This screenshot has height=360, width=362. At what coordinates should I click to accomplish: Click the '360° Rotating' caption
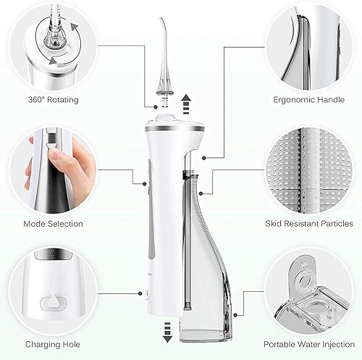53,99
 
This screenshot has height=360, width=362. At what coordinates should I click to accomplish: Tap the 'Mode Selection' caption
53,224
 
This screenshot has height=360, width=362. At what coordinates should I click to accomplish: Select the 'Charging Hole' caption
52,345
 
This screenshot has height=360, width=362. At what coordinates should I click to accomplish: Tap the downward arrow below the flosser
167,333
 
